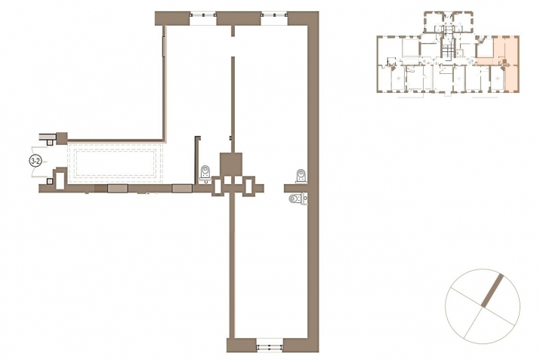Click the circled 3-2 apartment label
pyautogui.click(x=35, y=161)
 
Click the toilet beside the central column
pyautogui.click(x=205, y=174)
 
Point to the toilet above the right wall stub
pyautogui.click(x=301, y=176)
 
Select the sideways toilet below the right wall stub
pyautogui.click(x=298, y=199)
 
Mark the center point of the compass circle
pyautogui.click(x=483, y=306)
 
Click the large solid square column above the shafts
pyautogui.click(x=231, y=165)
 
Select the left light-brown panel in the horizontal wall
pyautogui.click(x=117, y=188)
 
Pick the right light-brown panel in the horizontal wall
pyautogui.click(x=182, y=188)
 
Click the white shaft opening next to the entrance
pyautogui.click(x=60, y=179)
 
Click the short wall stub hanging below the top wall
pyautogui.click(x=233, y=31)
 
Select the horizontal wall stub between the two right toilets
pyautogui.click(x=295, y=188)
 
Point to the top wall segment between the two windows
pyautogui.click(x=239, y=18)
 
